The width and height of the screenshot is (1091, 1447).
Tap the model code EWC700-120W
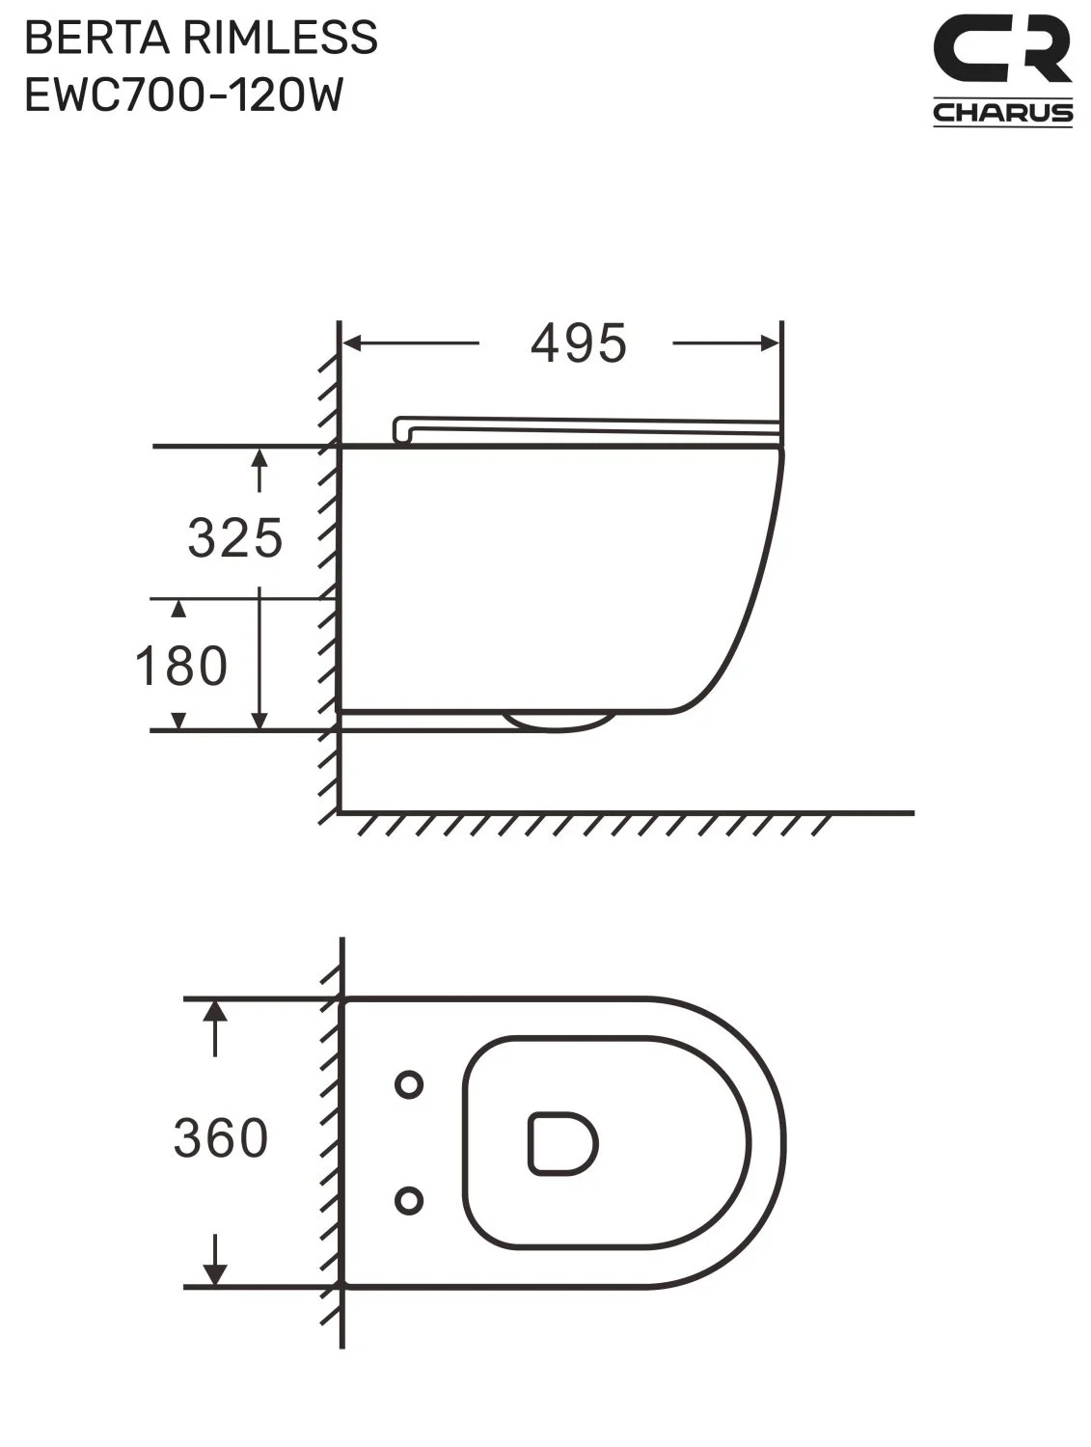click(184, 95)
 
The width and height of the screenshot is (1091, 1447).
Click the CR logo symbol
click(1002, 49)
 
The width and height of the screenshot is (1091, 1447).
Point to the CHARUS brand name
click(1002, 112)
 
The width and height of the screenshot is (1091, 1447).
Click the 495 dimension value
click(578, 343)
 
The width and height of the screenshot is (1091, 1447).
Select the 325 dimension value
click(235, 538)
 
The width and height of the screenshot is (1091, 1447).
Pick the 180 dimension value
click(180, 666)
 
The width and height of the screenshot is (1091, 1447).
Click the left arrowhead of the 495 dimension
click(353, 343)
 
